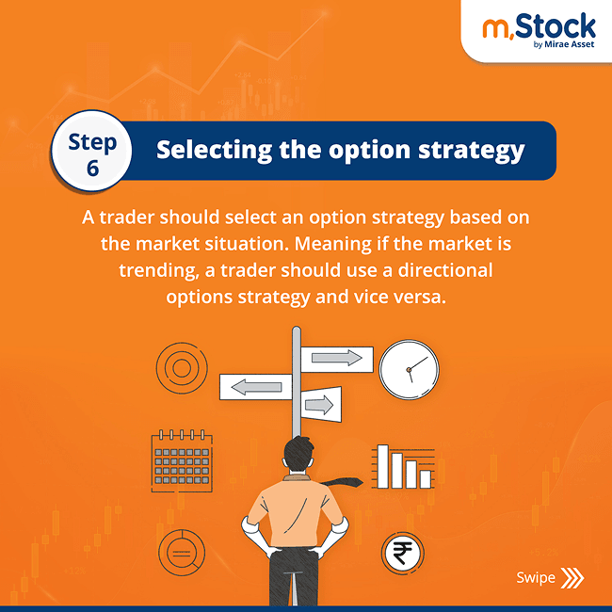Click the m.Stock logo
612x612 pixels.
point(539,25)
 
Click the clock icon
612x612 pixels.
point(409,368)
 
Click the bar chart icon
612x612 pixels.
point(405,466)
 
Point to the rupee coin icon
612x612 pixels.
point(402,554)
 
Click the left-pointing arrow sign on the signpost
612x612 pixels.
point(255,386)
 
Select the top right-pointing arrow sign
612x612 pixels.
point(336,358)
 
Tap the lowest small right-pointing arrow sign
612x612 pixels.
point(318,405)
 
